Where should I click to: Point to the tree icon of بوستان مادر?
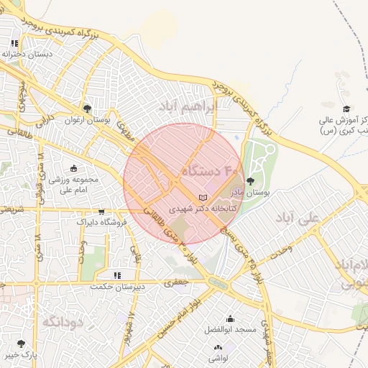click(250, 181)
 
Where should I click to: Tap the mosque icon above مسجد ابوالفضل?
click(230, 318)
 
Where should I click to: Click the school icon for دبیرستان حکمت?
click(116, 275)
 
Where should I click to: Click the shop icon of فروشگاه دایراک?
click(101, 212)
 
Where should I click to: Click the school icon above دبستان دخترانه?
click(15, 44)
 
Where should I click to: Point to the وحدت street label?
click(278, 252)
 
